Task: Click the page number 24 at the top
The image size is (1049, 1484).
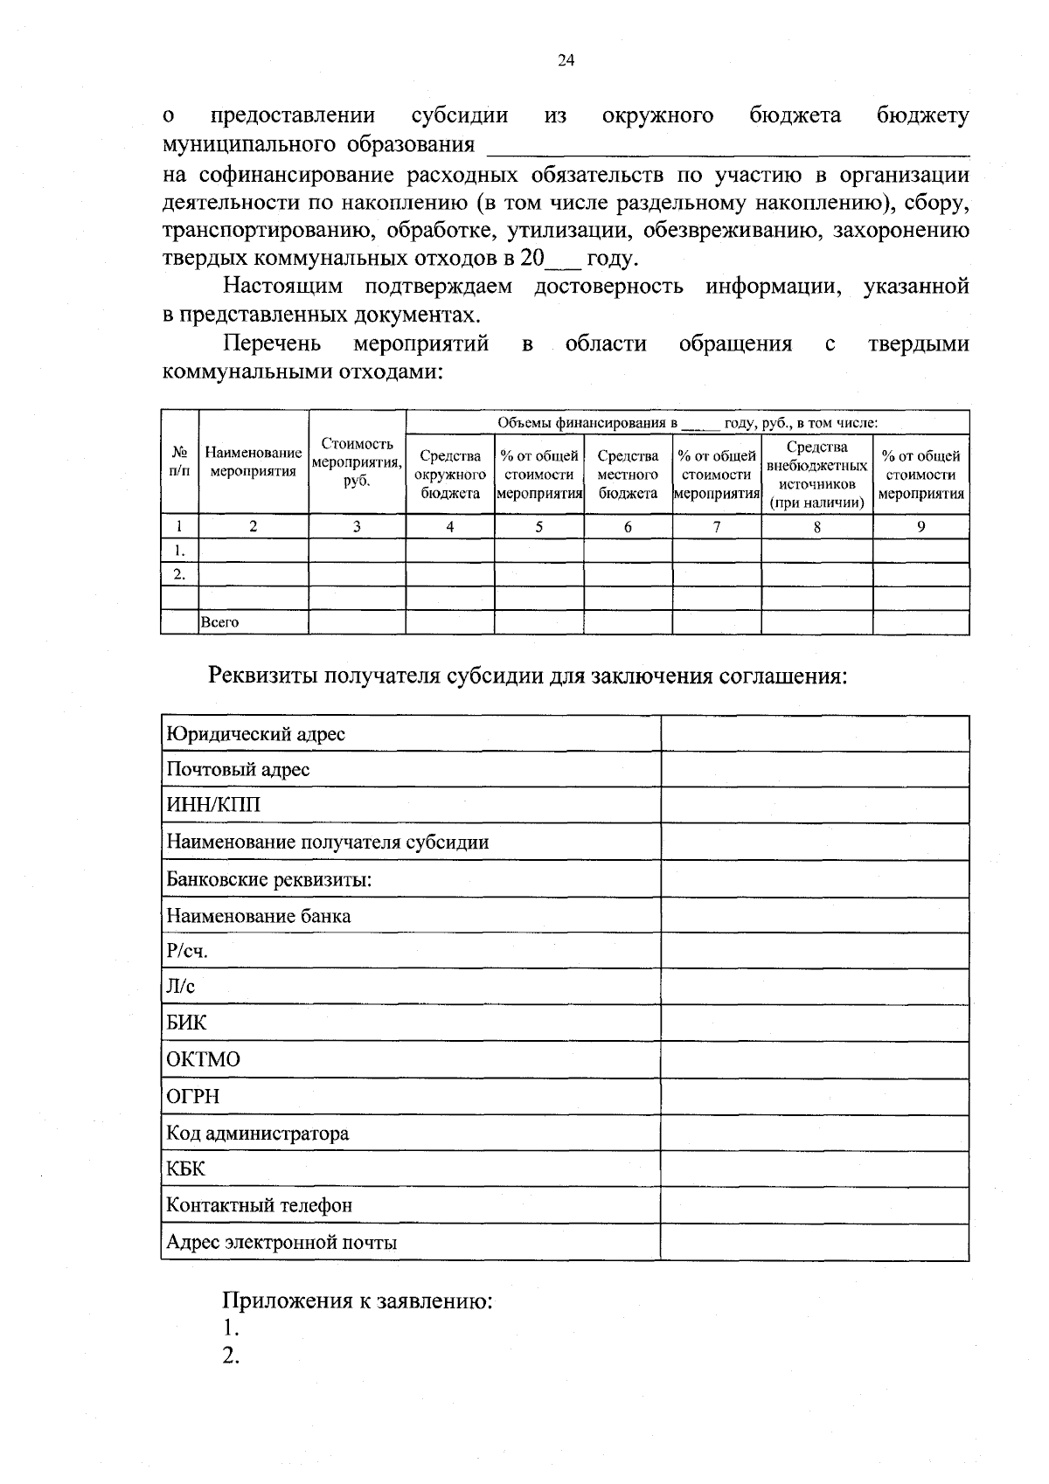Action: (x=566, y=60)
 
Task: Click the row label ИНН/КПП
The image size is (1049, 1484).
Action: (x=213, y=805)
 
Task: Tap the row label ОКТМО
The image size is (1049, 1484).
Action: (x=203, y=1059)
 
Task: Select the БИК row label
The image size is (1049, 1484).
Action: (x=187, y=1023)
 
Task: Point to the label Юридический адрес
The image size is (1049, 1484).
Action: (x=255, y=733)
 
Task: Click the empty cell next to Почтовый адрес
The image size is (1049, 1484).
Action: (x=814, y=769)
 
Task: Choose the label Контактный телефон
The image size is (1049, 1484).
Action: (x=259, y=1205)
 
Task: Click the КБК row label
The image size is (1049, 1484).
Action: (x=186, y=1168)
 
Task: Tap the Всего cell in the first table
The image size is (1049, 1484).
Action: (x=220, y=622)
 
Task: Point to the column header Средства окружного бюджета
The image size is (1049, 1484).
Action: (x=450, y=474)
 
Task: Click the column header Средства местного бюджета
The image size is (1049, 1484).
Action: (x=628, y=474)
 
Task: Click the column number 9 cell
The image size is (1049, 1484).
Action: (x=920, y=526)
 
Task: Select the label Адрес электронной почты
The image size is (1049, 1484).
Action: (x=281, y=1242)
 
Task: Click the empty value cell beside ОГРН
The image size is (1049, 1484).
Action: (x=814, y=1096)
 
